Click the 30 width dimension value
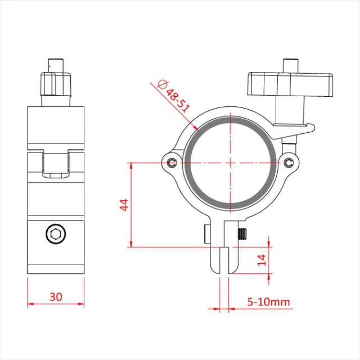pos(56,296)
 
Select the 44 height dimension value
pos(124,205)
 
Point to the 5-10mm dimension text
pos(269,302)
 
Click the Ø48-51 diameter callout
pos(174,96)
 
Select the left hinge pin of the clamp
pos(171,163)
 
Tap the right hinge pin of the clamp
pos(289,163)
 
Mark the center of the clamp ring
pos(230,163)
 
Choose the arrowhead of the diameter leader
pos(197,129)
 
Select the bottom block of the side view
pos(56,247)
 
